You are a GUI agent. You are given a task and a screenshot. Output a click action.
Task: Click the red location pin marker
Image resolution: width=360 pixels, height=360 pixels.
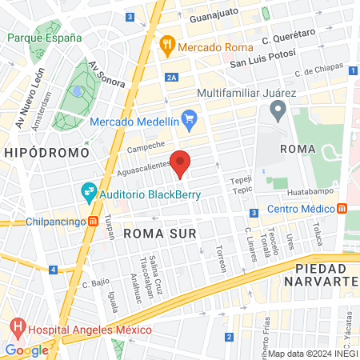tap(182, 162)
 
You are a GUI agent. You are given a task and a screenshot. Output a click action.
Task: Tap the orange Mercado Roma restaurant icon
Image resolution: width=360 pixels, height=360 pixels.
tap(166, 45)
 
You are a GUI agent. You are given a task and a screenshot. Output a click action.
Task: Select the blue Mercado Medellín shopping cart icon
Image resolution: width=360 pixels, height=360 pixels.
tap(189, 121)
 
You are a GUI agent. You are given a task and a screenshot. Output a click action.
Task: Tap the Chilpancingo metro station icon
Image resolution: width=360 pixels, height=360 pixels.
tap(94, 222)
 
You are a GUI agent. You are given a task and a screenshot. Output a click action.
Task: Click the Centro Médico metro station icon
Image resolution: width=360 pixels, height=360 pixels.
tap(342, 208)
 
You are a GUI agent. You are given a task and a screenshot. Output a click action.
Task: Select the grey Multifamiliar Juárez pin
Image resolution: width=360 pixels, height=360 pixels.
tap(278, 109)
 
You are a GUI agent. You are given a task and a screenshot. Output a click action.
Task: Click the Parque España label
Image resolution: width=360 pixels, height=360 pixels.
tap(44, 38)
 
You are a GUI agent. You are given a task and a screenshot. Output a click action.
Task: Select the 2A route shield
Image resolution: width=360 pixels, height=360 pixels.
tap(172, 78)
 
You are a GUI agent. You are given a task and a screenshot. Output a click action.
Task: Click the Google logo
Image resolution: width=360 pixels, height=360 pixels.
tap(26, 350)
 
